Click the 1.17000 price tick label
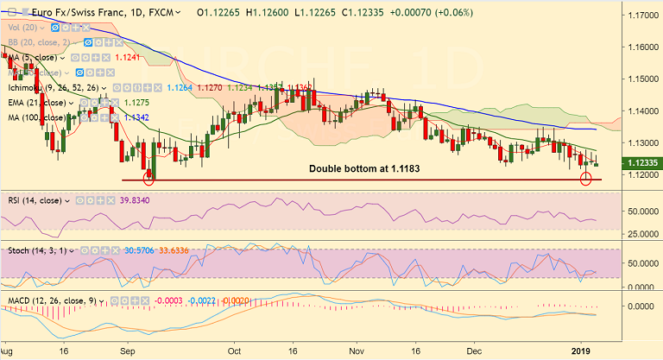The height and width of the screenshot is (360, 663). [639, 16]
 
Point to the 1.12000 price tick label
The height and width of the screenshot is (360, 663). [639, 174]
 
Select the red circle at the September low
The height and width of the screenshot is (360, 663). [148, 179]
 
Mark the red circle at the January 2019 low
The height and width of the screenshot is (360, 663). [586, 179]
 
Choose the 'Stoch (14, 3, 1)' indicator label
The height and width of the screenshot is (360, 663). [34, 250]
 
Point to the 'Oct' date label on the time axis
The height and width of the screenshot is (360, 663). [233, 351]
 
